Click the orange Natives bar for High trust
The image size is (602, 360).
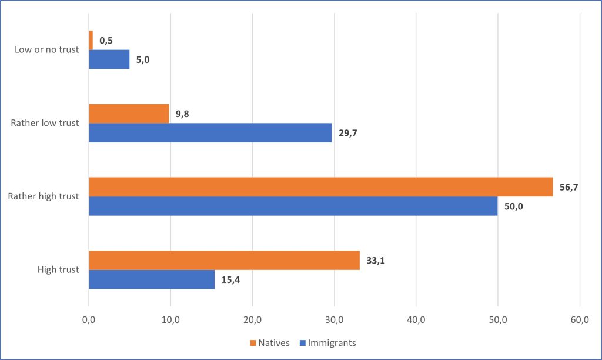(224, 260)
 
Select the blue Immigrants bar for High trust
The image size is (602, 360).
(152, 279)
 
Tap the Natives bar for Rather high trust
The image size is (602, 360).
(320, 186)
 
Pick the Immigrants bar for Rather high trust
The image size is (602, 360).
(293, 206)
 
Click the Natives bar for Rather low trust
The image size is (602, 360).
(129, 114)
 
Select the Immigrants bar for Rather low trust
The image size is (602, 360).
(210, 132)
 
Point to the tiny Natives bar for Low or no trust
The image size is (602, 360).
(91, 40)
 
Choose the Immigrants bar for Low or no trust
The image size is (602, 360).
(109, 59)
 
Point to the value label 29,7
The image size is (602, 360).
(347, 133)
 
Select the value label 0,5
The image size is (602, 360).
(106, 41)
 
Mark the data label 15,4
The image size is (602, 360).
(230, 279)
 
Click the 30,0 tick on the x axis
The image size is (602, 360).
(334, 319)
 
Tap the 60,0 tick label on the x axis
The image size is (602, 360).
(579, 319)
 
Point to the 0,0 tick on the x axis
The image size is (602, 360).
(89, 319)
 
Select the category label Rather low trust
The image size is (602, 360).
(45, 123)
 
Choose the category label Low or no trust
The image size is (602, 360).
(46, 49)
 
